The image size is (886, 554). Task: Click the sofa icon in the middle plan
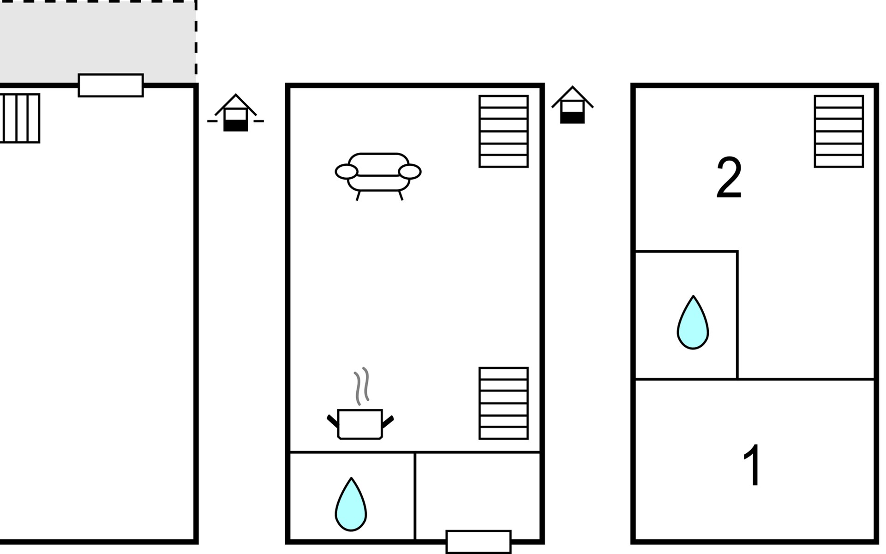click(x=378, y=176)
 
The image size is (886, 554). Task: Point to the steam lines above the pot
click(x=361, y=386)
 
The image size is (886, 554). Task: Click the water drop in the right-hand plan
click(x=693, y=323)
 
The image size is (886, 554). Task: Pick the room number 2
click(x=729, y=178)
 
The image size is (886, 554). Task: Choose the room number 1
click(x=752, y=465)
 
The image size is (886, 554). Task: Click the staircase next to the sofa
click(x=503, y=131)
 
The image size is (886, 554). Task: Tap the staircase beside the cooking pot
click(x=503, y=403)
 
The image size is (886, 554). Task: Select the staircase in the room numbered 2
click(x=838, y=131)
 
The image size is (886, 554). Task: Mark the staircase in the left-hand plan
click(x=20, y=118)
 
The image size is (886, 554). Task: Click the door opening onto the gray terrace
click(x=111, y=85)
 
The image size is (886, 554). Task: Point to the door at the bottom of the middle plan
click(x=479, y=542)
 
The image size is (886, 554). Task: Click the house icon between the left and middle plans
click(x=235, y=113)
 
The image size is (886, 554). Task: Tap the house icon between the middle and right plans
click(x=572, y=105)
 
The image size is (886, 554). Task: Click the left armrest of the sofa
click(x=346, y=172)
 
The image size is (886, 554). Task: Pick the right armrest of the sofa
click(x=410, y=172)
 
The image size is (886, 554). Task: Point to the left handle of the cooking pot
click(x=332, y=421)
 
